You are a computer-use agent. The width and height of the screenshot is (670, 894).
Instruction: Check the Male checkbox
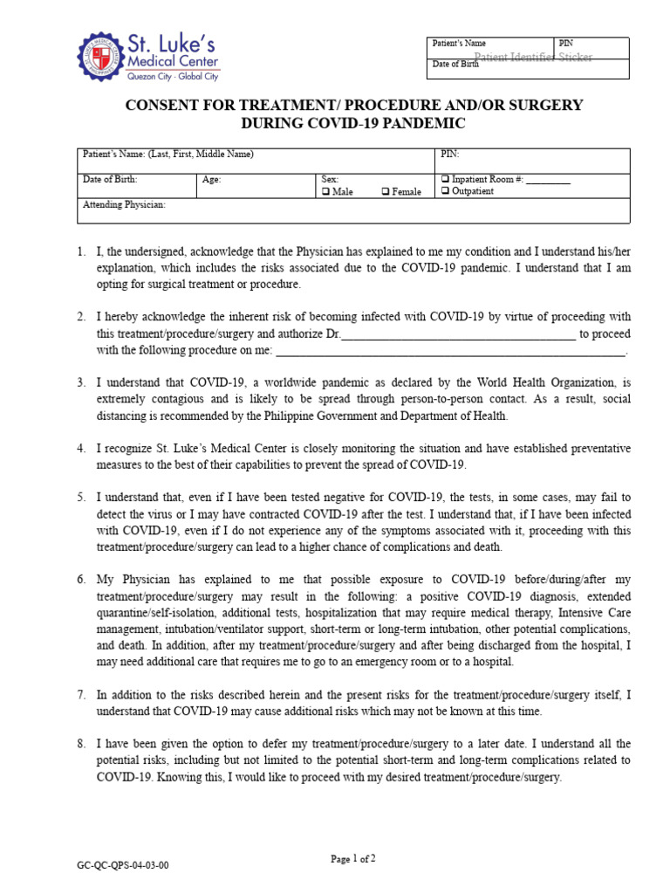[x=325, y=192]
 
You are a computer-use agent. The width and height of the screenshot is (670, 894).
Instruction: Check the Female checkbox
[x=386, y=192]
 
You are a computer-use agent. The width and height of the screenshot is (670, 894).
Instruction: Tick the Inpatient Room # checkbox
[x=445, y=180]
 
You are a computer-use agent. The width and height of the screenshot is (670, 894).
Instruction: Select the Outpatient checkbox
[x=445, y=192]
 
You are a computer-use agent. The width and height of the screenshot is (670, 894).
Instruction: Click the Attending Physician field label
[x=124, y=205]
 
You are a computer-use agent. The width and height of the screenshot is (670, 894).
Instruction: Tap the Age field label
[x=211, y=180]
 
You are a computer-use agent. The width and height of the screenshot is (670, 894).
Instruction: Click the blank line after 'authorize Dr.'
[x=457, y=334]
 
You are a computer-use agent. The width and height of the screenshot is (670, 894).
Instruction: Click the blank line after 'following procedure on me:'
[x=450, y=352]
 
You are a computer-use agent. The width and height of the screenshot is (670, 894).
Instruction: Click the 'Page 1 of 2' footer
[x=353, y=859]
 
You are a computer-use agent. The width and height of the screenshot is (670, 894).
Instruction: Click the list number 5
[x=80, y=497]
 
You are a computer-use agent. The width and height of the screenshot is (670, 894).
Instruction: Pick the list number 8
[x=80, y=744]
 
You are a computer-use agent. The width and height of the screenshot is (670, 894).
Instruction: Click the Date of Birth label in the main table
[x=110, y=180]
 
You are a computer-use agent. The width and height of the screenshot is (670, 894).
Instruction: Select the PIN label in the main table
[x=450, y=155]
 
